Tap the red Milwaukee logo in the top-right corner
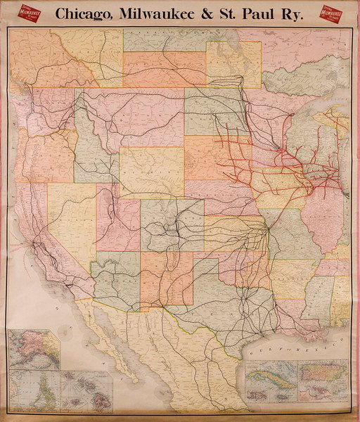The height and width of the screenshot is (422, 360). (x=334, y=14)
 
